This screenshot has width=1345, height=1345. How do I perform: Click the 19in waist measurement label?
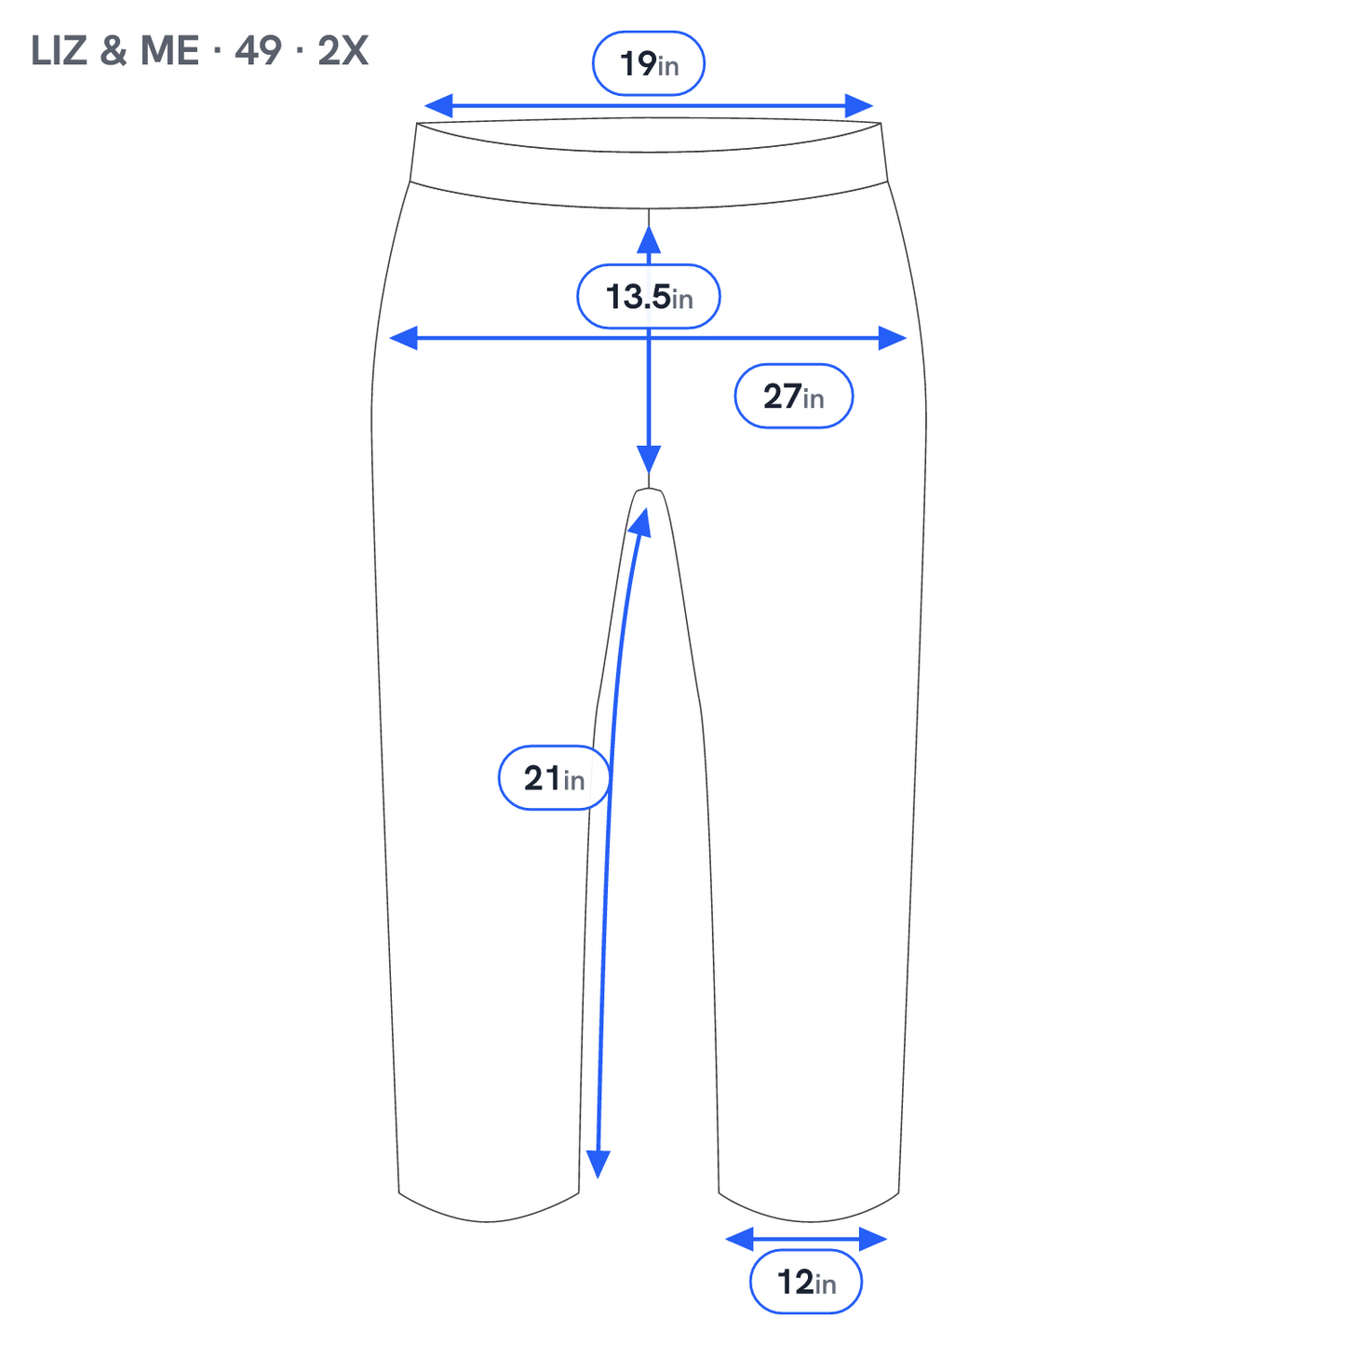(x=649, y=63)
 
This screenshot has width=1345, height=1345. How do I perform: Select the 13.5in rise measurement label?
(x=649, y=297)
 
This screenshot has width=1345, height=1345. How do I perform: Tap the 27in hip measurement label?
(x=794, y=396)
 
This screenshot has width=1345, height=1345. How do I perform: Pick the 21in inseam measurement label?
(x=554, y=777)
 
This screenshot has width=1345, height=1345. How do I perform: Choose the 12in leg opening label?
(x=806, y=1282)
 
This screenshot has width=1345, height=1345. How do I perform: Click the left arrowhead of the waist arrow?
(x=437, y=106)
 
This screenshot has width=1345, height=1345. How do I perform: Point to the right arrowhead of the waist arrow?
(x=859, y=106)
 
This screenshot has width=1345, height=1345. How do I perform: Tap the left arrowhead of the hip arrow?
(x=403, y=338)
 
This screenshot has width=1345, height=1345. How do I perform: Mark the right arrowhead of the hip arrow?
(x=893, y=338)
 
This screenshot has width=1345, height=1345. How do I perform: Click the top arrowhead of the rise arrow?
(x=649, y=239)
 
